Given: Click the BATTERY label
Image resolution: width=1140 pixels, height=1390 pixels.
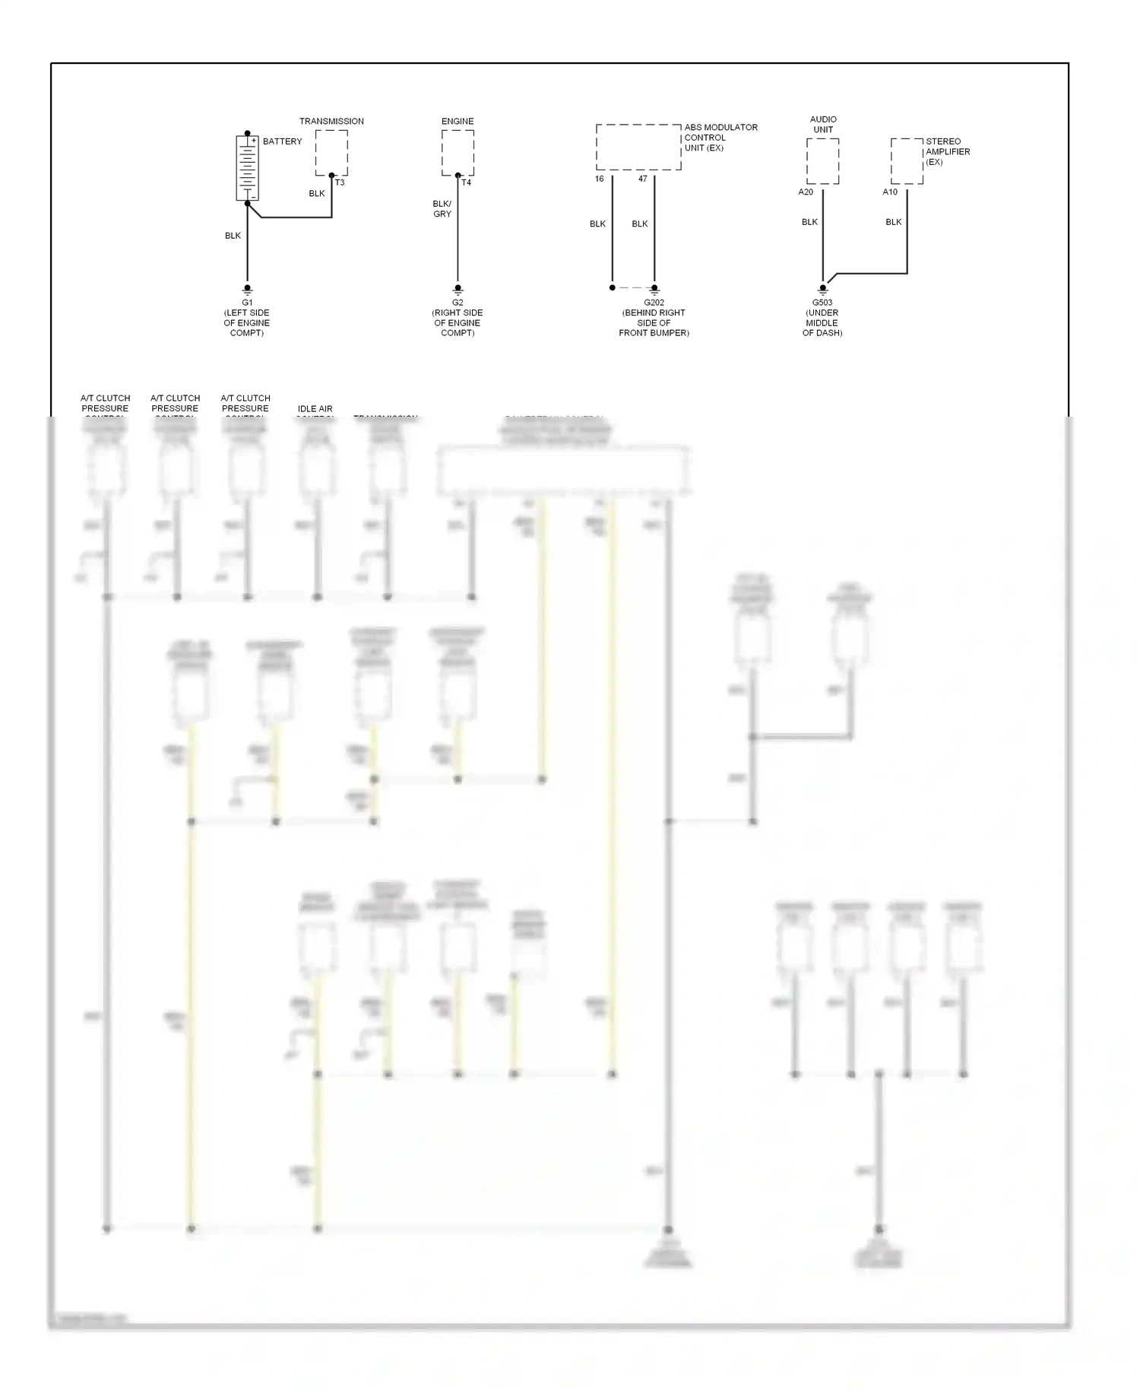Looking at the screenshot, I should pyautogui.click(x=282, y=141).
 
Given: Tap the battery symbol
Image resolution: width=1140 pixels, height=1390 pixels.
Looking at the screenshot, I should pyautogui.click(x=247, y=168).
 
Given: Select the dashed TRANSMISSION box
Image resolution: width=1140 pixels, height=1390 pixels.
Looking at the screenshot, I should pyautogui.click(x=331, y=152).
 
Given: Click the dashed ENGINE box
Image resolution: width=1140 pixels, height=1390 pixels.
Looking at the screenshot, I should pyautogui.click(x=458, y=152).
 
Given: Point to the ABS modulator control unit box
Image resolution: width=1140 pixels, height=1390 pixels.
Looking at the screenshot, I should pyautogui.click(x=638, y=147).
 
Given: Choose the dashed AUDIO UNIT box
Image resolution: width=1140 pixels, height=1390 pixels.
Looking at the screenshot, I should pyautogui.click(x=822, y=161).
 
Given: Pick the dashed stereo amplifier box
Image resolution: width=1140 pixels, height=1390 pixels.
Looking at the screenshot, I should pyautogui.click(x=907, y=161).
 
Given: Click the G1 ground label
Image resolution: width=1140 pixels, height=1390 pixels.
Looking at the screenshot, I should pyautogui.click(x=247, y=303).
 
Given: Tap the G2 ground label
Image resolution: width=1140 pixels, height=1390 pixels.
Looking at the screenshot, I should pyautogui.click(x=458, y=303).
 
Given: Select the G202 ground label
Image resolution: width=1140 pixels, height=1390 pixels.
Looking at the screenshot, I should pyautogui.click(x=654, y=303).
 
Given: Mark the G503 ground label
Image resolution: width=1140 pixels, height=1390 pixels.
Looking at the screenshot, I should pyautogui.click(x=822, y=303).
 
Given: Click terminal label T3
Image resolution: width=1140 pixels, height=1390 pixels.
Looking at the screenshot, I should pyautogui.click(x=340, y=182).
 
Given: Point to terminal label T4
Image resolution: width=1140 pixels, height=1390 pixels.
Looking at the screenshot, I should pyautogui.click(x=466, y=182).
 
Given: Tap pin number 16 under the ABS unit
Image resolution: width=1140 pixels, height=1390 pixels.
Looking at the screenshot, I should pyautogui.click(x=599, y=179).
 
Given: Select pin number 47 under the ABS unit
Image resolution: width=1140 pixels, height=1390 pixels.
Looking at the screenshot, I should pyautogui.click(x=643, y=179).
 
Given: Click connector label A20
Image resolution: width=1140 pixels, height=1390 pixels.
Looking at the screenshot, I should pyautogui.click(x=806, y=192).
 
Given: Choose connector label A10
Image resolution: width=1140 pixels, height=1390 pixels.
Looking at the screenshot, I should pyautogui.click(x=890, y=192).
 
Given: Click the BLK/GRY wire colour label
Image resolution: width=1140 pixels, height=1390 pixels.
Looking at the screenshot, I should pyautogui.click(x=442, y=209).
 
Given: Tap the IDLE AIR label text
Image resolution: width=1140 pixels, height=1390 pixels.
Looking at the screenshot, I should pyautogui.click(x=315, y=409).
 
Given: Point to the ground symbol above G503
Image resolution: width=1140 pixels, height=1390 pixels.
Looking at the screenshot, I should pyautogui.click(x=822, y=290).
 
